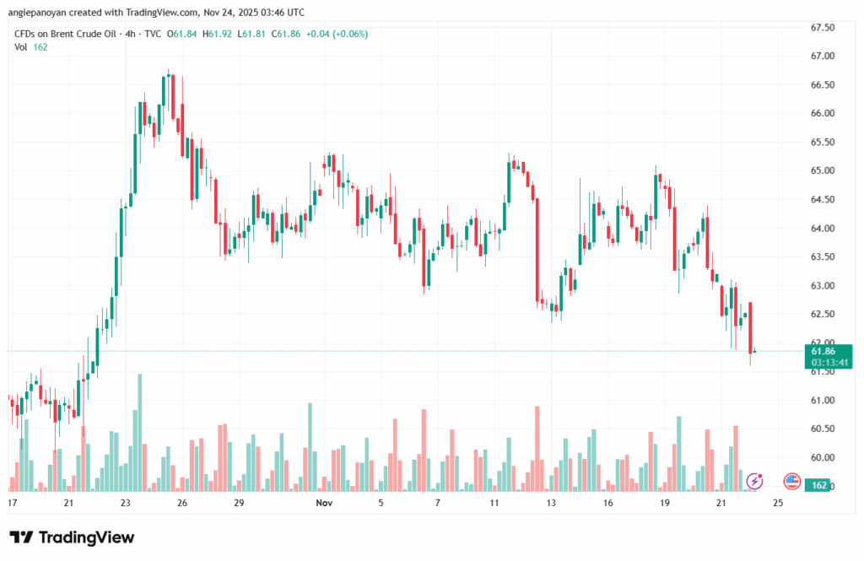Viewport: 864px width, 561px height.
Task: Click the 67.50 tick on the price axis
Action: coord(822,28)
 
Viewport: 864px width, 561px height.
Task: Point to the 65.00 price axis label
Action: coord(822,170)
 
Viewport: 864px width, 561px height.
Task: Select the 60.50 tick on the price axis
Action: coord(822,429)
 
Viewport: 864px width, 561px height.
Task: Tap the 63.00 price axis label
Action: coord(822,285)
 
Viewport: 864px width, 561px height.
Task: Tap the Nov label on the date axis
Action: coord(322,503)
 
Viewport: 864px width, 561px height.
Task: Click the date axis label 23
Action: coord(126,503)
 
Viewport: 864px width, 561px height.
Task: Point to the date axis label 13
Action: coord(551,503)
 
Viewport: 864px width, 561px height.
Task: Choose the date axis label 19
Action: coord(665,503)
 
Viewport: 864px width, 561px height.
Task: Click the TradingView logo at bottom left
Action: coord(72,537)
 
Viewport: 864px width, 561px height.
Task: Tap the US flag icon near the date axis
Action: coord(791,481)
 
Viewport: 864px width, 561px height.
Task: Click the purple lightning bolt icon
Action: coord(756,481)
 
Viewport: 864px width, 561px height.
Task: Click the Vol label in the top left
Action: coord(21,47)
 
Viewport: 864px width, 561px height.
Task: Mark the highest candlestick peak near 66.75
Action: coord(169,71)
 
